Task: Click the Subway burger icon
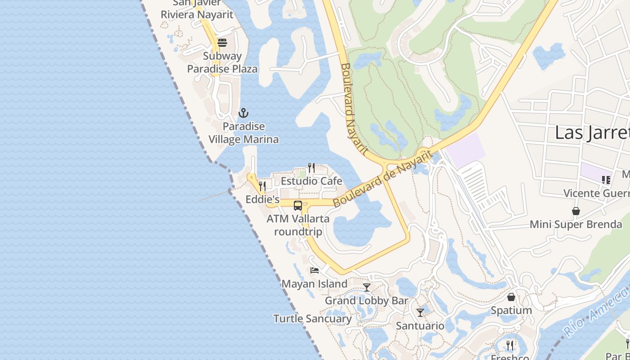(x=222, y=43)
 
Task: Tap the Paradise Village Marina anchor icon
(x=243, y=113)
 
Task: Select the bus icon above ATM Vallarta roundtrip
(x=298, y=206)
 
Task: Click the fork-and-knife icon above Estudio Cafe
(x=311, y=167)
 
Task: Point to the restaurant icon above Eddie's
(x=262, y=186)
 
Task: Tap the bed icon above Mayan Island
(x=315, y=270)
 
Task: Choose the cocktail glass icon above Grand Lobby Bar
(x=367, y=287)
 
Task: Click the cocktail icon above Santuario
(x=420, y=312)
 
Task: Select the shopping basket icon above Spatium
(x=511, y=297)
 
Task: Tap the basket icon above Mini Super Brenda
(x=576, y=211)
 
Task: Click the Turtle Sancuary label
(x=313, y=319)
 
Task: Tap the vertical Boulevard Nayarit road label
(x=354, y=108)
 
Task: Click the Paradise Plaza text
(x=222, y=69)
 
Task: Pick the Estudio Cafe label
(x=311, y=181)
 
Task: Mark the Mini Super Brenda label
(x=576, y=224)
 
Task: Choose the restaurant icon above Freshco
(x=510, y=345)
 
